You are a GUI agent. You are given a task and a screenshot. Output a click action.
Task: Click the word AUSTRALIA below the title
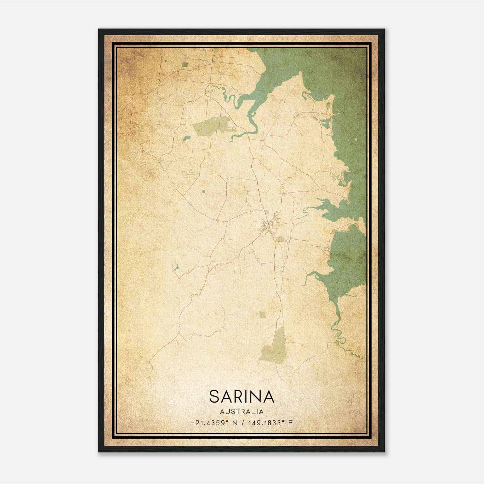(x=242, y=412)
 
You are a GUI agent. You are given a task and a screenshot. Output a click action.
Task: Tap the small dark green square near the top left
(x=185, y=64)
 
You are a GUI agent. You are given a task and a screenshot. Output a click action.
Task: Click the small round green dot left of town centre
(x=203, y=191)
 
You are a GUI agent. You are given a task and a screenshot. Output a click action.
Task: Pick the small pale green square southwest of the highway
(x=262, y=315)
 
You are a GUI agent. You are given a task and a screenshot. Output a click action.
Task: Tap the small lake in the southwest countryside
(x=175, y=267)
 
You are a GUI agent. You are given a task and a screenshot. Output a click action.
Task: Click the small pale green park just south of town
(x=281, y=239)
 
